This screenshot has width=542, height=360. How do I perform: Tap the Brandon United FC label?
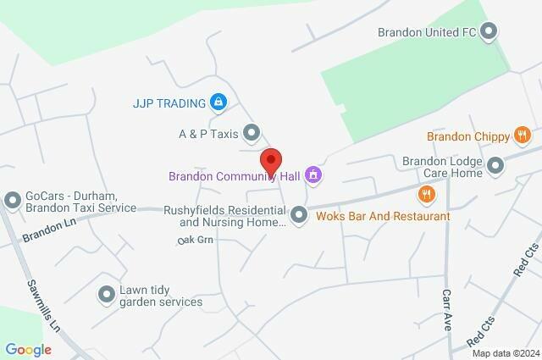[x=429, y=33]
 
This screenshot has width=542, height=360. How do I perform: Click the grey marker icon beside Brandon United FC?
[x=489, y=33]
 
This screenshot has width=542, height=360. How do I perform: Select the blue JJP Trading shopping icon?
[x=218, y=103]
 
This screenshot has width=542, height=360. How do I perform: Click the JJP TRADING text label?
[x=169, y=103]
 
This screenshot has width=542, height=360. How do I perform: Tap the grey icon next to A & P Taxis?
[x=252, y=132]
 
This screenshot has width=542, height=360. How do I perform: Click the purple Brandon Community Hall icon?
[x=314, y=176]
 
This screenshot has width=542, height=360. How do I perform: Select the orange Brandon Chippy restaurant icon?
[x=523, y=135]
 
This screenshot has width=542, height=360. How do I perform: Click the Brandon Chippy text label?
[x=467, y=136]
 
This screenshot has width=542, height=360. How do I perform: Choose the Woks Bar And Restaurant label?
[x=383, y=216]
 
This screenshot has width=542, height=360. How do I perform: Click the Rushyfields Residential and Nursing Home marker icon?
[x=299, y=215]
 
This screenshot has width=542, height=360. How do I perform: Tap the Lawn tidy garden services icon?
[x=107, y=294]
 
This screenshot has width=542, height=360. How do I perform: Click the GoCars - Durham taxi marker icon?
[x=13, y=201]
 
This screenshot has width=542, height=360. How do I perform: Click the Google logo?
[x=28, y=349]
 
